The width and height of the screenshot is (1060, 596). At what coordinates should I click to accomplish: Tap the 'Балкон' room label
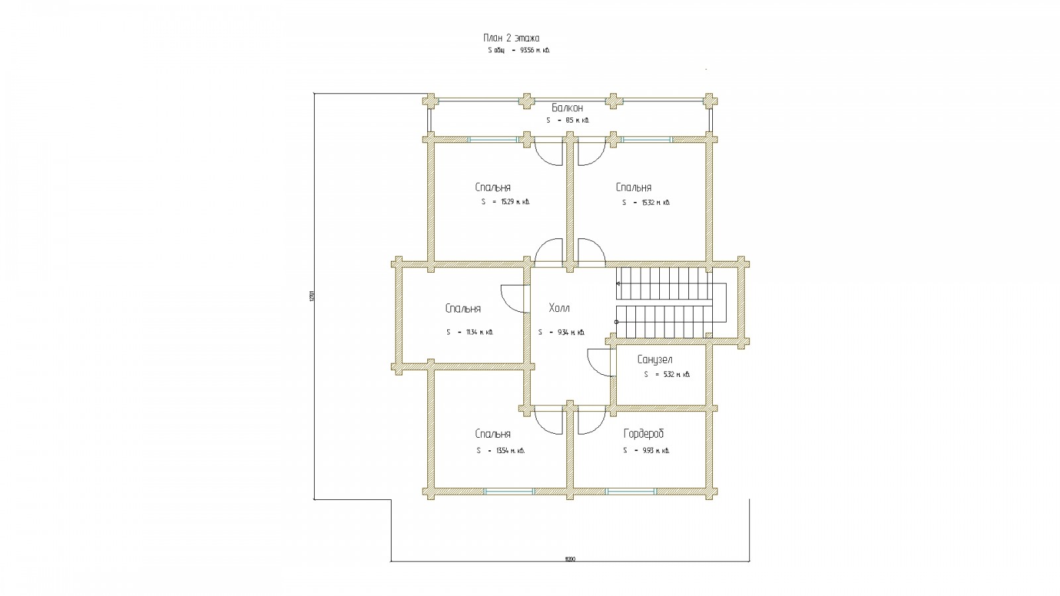(x=567, y=108)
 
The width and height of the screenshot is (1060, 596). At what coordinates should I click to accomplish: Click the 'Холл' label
(x=559, y=309)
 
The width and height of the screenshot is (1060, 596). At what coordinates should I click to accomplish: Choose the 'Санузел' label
(x=655, y=360)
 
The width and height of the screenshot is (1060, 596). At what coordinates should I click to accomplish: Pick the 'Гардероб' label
(x=643, y=434)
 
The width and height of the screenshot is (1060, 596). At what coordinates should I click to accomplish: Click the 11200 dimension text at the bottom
(x=570, y=559)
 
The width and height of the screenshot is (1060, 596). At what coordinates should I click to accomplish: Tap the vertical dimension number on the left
(x=311, y=296)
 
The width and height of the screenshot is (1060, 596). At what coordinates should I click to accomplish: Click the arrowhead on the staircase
(x=619, y=283)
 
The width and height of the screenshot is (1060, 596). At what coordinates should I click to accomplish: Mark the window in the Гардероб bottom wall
(x=631, y=491)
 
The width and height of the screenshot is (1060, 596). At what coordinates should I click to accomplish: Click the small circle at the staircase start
(x=616, y=322)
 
